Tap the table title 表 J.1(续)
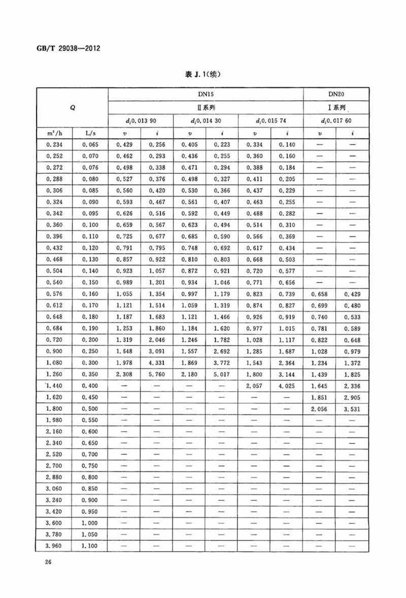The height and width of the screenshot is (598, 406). point(203,75)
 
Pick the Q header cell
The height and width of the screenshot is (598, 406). point(72,108)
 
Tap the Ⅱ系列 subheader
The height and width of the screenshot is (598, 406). point(206,108)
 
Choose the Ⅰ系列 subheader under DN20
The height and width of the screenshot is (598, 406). point(337,108)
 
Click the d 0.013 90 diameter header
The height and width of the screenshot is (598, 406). point(141,121)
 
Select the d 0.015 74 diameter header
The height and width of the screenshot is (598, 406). point(271,121)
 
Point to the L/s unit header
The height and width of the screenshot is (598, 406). point(90,133)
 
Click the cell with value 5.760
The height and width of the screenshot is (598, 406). point(157,374)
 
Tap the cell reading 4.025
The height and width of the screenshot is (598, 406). point(287,386)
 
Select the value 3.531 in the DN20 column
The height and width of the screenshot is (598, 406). point(352,409)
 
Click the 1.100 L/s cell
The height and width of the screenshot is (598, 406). point(90,546)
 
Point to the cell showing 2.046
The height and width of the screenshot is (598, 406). point(157,340)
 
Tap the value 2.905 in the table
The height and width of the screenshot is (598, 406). point(352,398)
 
